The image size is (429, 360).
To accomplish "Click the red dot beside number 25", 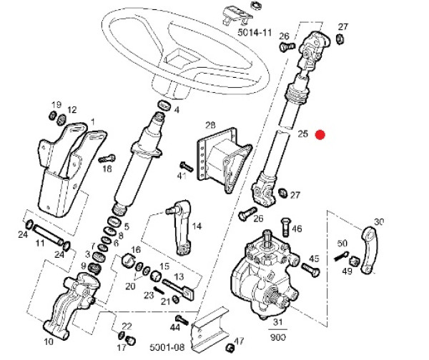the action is click(320, 135).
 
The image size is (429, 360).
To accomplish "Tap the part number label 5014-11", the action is click(255, 33).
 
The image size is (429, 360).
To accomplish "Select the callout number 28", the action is click(210, 126).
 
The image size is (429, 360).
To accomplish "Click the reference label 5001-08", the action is click(167, 347).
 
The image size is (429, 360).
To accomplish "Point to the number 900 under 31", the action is click(278, 337).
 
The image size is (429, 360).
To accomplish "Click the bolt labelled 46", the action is click(285, 227).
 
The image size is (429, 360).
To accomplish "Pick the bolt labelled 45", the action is click(311, 269).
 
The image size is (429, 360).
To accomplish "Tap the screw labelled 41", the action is click(187, 166).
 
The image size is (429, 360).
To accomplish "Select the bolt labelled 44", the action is click(182, 320).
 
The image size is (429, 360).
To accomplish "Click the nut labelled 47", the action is click(230, 348).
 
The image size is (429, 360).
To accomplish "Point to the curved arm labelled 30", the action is click(370, 249).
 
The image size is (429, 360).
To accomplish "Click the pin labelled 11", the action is click(49, 234).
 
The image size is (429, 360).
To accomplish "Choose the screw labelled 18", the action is click(107, 159).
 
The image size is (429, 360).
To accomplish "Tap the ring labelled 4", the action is click(164, 106).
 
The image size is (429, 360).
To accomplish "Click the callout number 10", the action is click(49, 341).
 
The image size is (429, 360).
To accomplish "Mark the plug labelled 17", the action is click(132, 341).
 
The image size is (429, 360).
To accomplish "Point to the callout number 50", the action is click(342, 243).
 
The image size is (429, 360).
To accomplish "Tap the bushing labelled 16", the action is click(128, 261).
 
